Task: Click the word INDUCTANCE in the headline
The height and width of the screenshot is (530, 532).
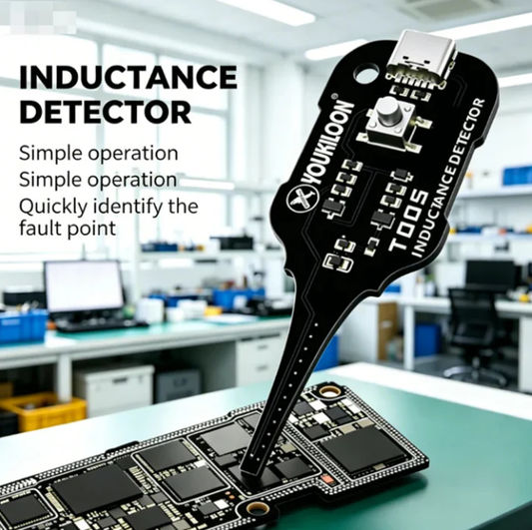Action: coord(128,77)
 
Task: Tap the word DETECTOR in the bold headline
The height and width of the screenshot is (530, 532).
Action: coord(106,112)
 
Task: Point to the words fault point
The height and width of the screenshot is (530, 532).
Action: coord(68,228)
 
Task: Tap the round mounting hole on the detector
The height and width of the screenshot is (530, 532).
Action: coord(366,72)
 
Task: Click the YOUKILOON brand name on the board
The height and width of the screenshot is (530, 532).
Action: coord(328,143)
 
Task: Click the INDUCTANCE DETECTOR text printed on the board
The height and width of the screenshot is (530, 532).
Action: coord(448,178)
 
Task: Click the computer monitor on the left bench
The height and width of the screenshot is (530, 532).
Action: coord(84,287)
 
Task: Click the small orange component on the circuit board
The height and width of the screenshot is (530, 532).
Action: coord(328,480)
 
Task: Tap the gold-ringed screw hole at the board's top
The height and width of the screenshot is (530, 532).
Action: coord(329,392)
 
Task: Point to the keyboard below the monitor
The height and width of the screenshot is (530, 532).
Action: coord(101,324)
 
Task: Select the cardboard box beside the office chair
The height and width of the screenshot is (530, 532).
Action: coord(388,330)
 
